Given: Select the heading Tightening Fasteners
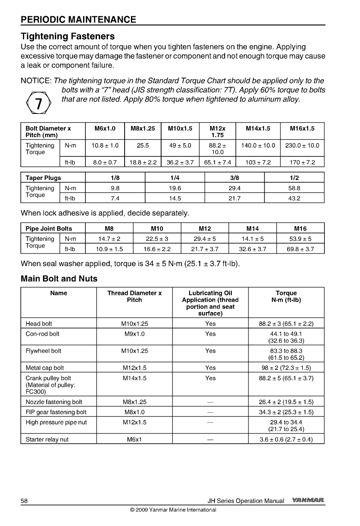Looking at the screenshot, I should (68, 36).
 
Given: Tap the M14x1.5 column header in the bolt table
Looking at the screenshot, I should (258, 129).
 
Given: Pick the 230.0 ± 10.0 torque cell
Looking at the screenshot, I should (302, 145).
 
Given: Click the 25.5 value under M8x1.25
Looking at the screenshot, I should (142, 145).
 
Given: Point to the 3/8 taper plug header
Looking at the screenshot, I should (234, 178).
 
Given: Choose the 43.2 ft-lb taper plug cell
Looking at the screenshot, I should (294, 199).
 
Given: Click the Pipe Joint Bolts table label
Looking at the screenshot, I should (49, 229).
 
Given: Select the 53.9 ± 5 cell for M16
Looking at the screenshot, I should (300, 239).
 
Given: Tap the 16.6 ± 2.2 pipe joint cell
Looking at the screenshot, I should (157, 249).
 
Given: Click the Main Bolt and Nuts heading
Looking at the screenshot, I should (59, 279).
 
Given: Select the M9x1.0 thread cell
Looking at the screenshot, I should (135, 334).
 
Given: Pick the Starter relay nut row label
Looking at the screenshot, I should (47, 439).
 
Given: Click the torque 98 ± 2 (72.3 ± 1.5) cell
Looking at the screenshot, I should (286, 368).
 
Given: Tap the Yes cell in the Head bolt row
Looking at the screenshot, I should (210, 324).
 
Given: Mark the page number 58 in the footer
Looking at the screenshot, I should (24, 501).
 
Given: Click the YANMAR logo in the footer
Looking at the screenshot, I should (308, 500).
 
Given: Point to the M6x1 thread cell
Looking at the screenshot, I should (135, 439).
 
